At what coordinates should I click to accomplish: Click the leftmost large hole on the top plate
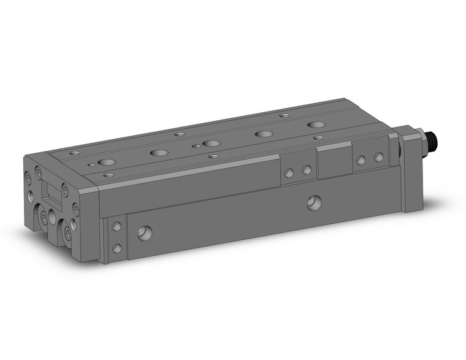pyautogui.click(x=106, y=163)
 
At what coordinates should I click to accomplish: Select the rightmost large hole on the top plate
pyautogui.click(x=316, y=124)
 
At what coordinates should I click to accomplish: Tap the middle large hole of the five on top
pyautogui.click(x=212, y=144)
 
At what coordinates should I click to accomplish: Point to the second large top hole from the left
pyautogui.click(x=159, y=153)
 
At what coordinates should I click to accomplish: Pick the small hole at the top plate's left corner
pyautogui.click(x=74, y=153)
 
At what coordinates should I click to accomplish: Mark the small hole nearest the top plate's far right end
pyautogui.click(x=318, y=138)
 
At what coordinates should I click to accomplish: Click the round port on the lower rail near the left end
pyautogui.click(x=145, y=233)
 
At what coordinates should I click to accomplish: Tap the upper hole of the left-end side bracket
pyautogui.click(x=116, y=227)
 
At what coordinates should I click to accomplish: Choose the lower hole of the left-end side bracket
pyautogui.click(x=116, y=248)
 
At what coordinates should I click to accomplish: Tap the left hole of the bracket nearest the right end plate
pyautogui.click(x=361, y=160)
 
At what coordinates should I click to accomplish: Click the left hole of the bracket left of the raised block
pyautogui.click(x=289, y=173)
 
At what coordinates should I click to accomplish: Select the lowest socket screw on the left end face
pyautogui.click(x=67, y=234)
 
